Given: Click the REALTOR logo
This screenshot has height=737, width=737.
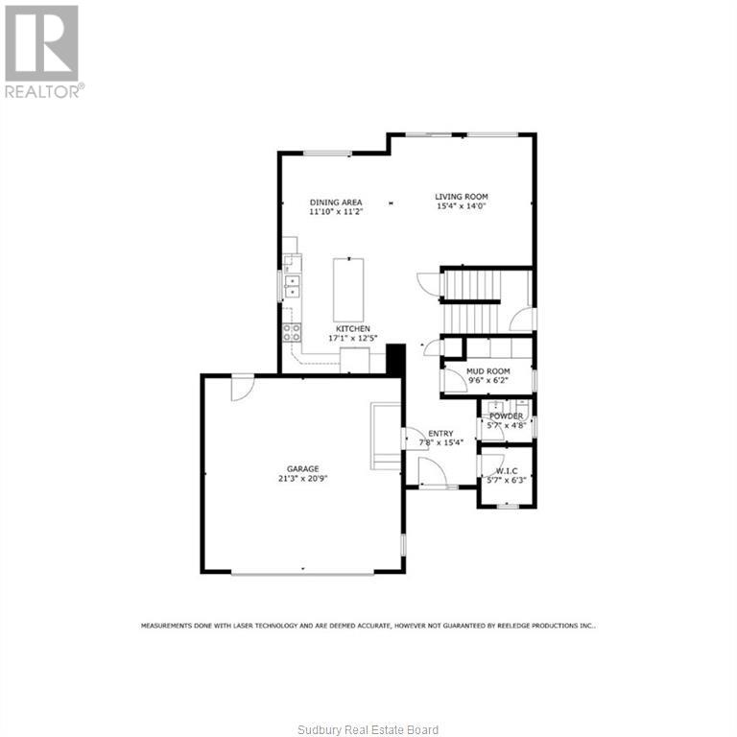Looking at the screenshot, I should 43,50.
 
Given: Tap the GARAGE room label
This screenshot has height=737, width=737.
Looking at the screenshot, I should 302,468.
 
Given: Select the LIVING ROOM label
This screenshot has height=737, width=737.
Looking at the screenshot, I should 462,196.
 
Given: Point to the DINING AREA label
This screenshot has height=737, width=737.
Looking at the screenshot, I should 336,202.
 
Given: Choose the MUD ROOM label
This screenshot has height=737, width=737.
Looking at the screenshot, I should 487,370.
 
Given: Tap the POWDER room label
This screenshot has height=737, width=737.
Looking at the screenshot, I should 506,416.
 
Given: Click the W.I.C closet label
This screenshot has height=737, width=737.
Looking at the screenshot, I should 506,470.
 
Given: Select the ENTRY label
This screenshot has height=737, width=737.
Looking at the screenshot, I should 440,434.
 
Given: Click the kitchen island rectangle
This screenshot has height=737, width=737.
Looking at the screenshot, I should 348,289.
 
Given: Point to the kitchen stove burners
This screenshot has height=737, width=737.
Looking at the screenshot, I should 291,332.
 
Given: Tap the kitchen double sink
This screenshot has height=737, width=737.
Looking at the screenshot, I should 291,285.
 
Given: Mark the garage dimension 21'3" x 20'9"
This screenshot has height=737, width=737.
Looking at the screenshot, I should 302,478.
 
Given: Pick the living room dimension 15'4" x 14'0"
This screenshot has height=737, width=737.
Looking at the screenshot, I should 462,205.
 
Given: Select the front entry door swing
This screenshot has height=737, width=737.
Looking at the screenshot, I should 429,471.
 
